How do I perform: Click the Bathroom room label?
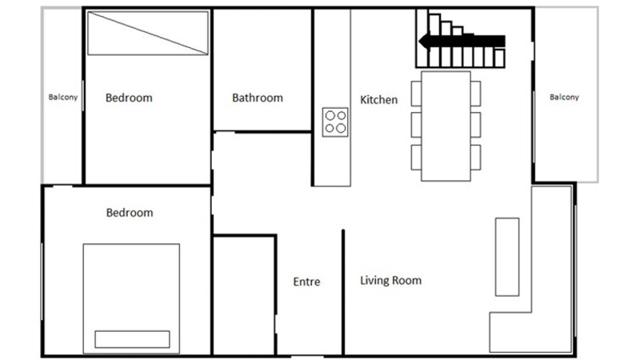tap(257, 98)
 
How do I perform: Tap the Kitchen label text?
tap(378, 99)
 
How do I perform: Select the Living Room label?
tap(390, 281)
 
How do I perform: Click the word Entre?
tap(306, 282)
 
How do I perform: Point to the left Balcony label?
tap(63, 97)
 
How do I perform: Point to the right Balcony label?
tap(564, 97)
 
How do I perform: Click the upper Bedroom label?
tap(129, 98)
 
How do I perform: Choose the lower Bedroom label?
tap(130, 213)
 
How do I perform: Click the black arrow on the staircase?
tap(462, 42)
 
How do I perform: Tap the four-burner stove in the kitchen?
tap(335, 122)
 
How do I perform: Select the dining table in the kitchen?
tap(446, 126)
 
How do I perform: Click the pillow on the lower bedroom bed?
tap(132, 339)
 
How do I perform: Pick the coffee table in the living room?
tap(507, 257)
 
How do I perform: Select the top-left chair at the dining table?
tap(416, 94)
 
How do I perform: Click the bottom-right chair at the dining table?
tap(475, 157)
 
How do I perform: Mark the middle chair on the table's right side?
tap(475, 125)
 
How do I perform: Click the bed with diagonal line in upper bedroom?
tap(148, 33)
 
